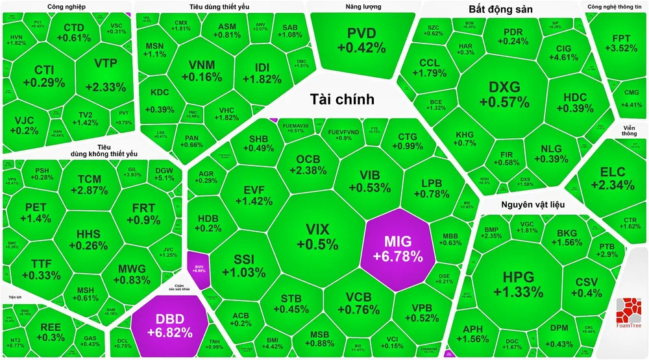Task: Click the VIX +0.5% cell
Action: point(317,237)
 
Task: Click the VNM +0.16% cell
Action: point(201,71)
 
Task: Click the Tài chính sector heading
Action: point(342,99)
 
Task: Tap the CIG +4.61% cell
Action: point(563,52)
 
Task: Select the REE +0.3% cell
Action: point(53,332)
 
